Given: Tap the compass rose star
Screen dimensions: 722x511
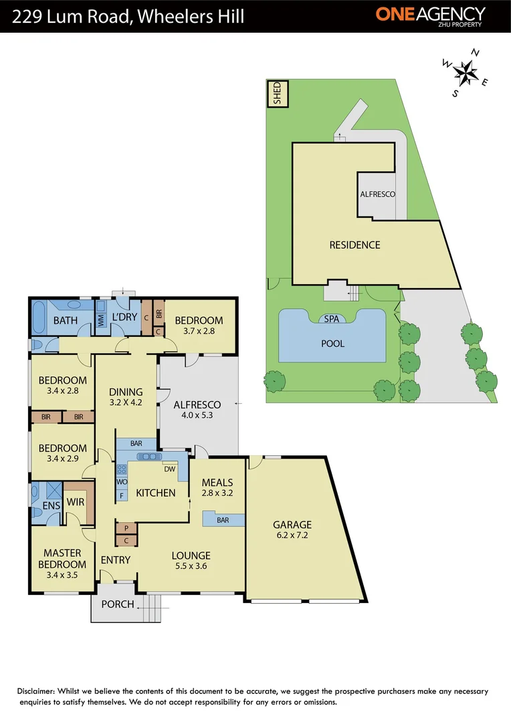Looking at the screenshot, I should tap(465, 71).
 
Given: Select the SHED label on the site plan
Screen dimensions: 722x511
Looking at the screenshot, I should tap(276, 94).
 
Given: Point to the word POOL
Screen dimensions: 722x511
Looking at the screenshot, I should tap(332, 344).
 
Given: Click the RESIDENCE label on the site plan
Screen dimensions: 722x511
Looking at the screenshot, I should tap(354, 245).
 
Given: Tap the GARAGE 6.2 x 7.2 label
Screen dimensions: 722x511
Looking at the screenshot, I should tap(292, 529).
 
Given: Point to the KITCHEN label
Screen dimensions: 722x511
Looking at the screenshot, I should tap(156, 493).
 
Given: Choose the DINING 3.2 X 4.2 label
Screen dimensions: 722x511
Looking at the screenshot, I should tap(126, 398).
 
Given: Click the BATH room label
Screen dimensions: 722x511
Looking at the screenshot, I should tap(66, 320).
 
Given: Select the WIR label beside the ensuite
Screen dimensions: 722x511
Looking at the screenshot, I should tap(75, 502).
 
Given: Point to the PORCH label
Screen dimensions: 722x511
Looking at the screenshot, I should tap(117, 605).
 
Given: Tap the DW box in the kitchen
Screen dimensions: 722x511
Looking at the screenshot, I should tap(169, 469).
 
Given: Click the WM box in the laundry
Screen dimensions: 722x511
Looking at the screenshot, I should tap(101, 321).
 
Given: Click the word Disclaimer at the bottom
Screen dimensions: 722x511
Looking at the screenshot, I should tap(40, 691).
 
